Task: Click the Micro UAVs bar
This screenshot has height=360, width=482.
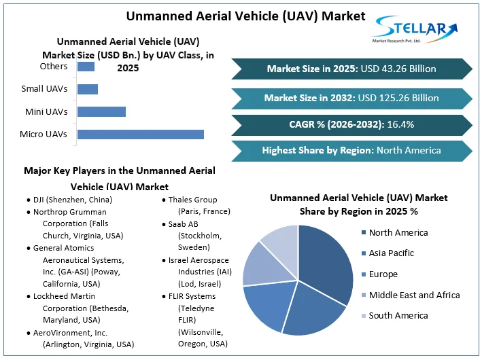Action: [141, 134]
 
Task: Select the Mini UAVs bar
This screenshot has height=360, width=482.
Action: [101, 111]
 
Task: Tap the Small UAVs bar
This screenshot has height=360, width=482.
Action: [88, 89]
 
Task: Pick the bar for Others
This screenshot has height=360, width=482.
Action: [86, 67]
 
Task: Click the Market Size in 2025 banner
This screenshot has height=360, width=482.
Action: [351, 69]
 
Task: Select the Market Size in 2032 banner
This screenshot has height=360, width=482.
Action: [351, 98]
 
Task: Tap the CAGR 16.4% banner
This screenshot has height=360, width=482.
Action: [351, 124]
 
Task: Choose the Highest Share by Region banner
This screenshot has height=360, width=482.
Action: [351, 150]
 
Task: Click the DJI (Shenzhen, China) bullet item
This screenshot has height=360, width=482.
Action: [72, 200]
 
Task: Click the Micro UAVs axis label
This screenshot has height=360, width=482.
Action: [44, 134]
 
